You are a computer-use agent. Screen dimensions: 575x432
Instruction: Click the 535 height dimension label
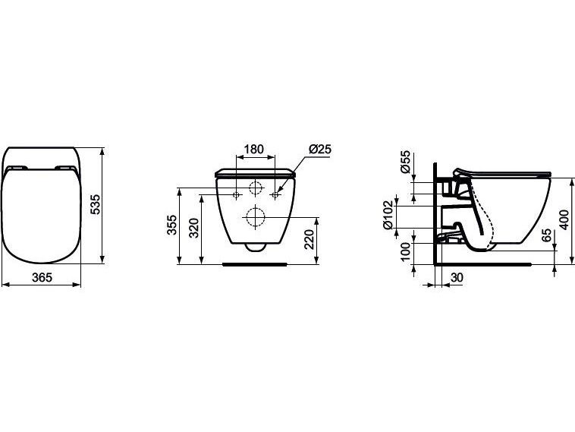[95, 205]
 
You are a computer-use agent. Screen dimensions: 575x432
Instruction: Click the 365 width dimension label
[42, 277]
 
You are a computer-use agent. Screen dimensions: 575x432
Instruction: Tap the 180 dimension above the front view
[254, 149]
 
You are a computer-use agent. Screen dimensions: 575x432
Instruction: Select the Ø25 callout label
[320, 149]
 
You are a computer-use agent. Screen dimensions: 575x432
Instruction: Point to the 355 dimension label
[172, 225]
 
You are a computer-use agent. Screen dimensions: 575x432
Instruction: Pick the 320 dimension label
[193, 229]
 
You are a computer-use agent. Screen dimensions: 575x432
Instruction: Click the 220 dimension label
[310, 239]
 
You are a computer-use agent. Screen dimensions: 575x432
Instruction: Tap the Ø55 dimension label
[405, 162]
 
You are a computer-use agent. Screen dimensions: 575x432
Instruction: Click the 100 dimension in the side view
[405, 251]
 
